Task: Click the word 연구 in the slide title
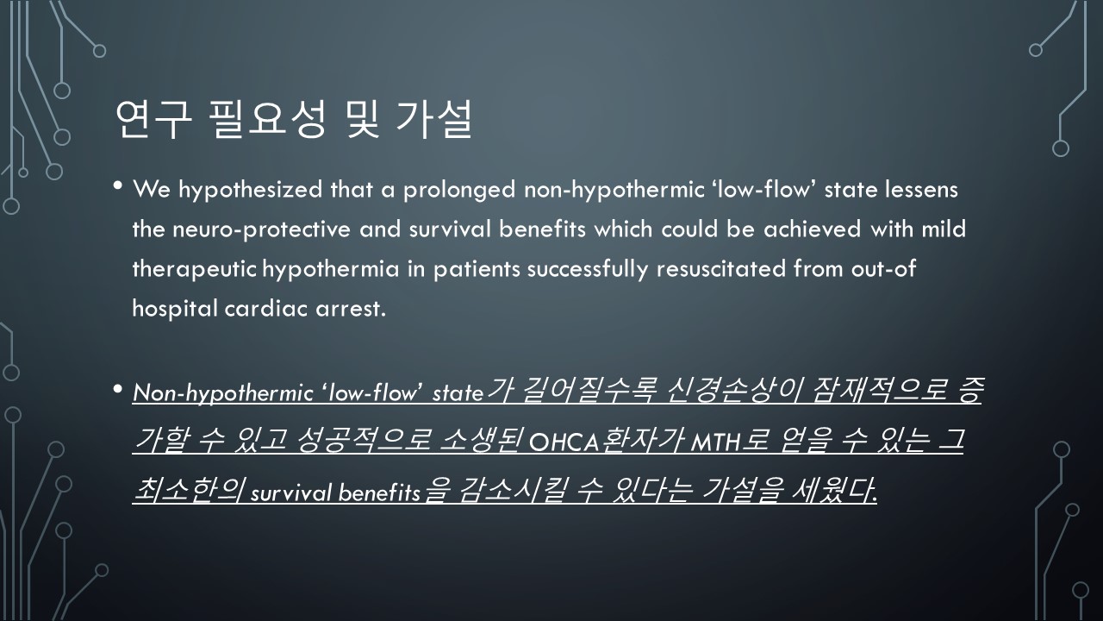pos(153,120)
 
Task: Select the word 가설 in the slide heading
pos(434,120)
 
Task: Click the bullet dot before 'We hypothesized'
pos(117,185)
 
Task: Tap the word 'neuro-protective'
pos(261,229)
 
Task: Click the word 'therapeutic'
pos(195,270)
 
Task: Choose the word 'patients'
pos(477,270)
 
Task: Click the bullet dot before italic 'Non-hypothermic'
pos(117,389)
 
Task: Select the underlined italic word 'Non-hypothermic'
pos(222,393)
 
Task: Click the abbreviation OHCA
pos(564,443)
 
